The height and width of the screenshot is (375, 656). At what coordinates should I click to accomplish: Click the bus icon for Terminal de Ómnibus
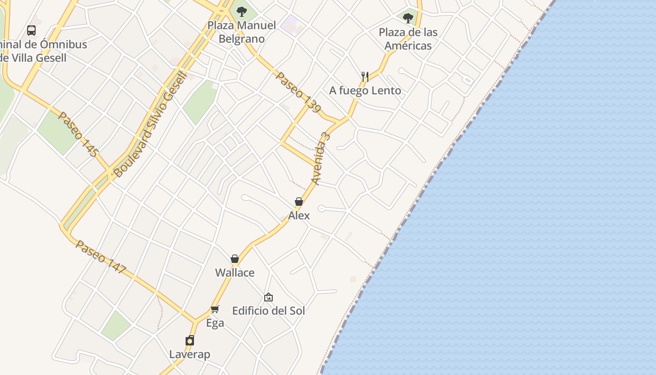tap(31, 30)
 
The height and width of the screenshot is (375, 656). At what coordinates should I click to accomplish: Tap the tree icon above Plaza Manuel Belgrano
tap(242, 11)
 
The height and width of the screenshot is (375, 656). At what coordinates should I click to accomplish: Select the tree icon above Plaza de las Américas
tap(408, 18)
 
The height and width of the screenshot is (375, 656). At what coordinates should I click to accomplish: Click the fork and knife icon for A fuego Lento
tap(365, 76)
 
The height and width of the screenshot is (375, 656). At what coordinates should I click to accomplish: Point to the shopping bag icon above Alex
tap(299, 202)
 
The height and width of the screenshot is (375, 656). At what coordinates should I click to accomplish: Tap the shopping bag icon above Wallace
tap(235, 259)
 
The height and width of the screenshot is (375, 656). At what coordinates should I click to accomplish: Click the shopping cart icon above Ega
tap(215, 309)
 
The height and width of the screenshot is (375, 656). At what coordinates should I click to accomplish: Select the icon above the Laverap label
tap(190, 340)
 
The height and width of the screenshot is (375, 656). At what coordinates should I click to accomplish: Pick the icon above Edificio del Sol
tap(268, 297)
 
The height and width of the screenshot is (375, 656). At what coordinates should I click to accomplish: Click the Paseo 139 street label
tap(298, 92)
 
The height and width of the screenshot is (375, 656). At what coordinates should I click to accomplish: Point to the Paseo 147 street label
tap(101, 257)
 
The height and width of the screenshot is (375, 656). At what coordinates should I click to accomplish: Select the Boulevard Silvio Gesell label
tap(150, 124)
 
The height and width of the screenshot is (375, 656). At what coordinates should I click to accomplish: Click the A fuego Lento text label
tap(365, 90)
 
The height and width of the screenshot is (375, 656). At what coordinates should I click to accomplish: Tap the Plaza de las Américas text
tap(408, 39)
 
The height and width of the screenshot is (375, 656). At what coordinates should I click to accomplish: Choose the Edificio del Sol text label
tap(268, 311)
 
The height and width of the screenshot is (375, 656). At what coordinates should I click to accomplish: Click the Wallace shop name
tap(235, 273)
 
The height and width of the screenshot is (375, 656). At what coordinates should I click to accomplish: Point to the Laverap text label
tap(190, 354)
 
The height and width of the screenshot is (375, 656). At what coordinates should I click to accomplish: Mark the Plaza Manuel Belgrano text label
tap(242, 32)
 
